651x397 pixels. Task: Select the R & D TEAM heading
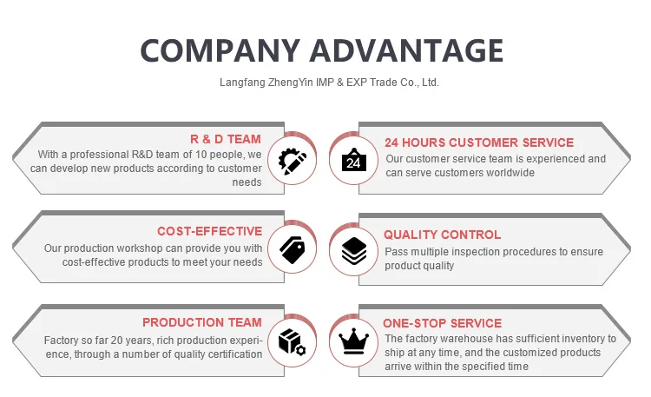tap(226, 139)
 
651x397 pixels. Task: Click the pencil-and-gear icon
tap(292, 160)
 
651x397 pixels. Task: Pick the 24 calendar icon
tap(353, 160)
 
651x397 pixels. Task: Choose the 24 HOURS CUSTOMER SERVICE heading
tap(478, 142)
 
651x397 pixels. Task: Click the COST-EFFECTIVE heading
tap(209, 231)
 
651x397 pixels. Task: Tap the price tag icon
tap(292, 250)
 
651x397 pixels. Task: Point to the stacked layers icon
tap(353, 251)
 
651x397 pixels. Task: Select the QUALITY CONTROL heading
tap(442, 235)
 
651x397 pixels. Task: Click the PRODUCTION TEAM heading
tap(201, 322)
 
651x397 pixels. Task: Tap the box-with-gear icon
tap(292, 341)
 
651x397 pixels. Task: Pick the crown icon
tap(353, 341)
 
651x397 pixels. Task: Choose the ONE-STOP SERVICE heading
tap(442, 323)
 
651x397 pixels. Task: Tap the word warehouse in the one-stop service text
tap(460, 339)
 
